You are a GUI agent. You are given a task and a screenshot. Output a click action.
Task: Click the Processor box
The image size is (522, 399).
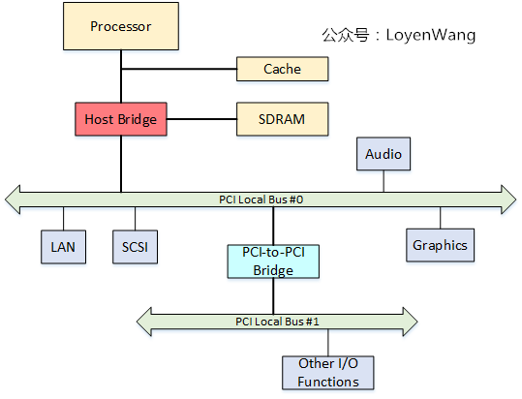pos(121,26)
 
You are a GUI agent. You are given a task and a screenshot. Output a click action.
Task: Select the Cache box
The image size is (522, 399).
pos(282,69)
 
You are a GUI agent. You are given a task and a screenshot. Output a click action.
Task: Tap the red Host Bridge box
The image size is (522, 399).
pos(121,119)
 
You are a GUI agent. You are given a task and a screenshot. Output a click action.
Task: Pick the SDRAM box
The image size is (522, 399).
pos(282,119)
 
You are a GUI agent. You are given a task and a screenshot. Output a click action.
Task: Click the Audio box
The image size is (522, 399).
pos(383,154)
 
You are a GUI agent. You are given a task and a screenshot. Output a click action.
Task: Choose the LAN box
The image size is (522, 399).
pos(64,246)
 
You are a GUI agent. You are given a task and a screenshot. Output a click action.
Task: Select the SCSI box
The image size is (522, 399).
pos(134,246)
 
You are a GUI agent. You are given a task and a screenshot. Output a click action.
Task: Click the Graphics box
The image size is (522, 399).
pos(440,245)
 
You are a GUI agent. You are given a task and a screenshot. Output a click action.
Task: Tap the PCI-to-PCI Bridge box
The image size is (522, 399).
pos(273,261)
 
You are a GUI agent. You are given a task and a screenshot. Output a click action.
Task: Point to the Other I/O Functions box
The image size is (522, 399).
pos(328,373)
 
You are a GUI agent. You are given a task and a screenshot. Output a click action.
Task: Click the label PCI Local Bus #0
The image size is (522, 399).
pos(261,199)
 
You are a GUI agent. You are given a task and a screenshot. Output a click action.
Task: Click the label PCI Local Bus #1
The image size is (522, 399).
pos(277,321)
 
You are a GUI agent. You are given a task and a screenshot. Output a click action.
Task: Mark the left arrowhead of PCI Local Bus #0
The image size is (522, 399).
pos(14,199)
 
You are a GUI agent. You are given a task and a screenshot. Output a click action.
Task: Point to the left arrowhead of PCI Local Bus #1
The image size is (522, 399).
pos(143,321)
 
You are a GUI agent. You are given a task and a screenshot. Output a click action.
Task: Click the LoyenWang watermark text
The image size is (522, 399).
pos(398,35)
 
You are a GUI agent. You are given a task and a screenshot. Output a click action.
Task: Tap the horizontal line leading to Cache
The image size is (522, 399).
pos(179,69)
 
